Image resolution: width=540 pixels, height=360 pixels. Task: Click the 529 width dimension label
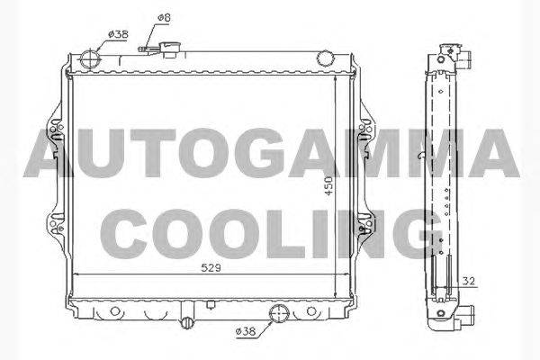[x=211, y=267]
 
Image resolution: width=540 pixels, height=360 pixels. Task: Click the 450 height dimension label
[x=329, y=186]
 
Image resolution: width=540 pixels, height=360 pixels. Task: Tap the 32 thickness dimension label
[x=468, y=281]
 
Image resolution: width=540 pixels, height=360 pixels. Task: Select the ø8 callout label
[x=164, y=18]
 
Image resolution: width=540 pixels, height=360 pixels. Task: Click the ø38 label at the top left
[x=118, y=34]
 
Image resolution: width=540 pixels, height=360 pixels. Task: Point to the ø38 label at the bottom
[x=246, y=331]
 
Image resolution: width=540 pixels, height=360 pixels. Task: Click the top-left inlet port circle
[x=90, y=59]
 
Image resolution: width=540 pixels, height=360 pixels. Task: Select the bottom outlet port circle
[x=279, y=313]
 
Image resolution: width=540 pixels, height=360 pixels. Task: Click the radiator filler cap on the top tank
[x=169, y=49]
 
